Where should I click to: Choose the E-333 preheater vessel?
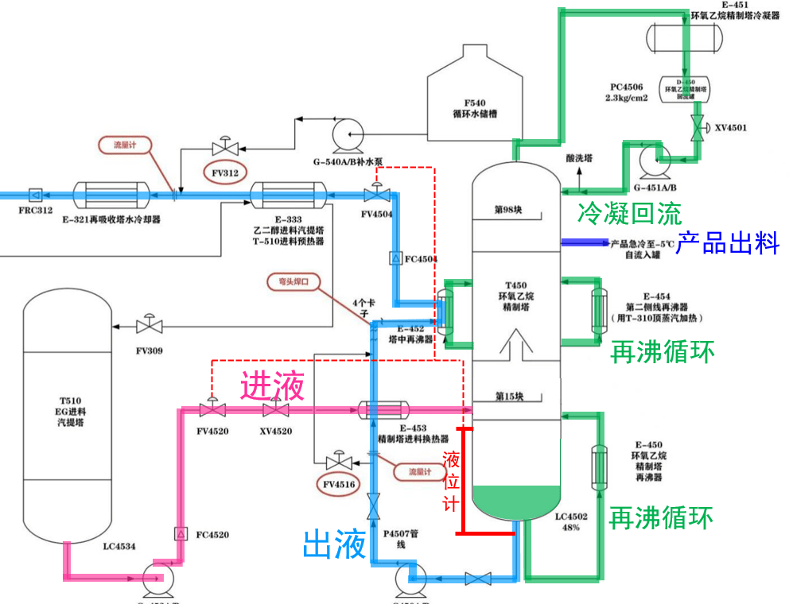coord(287,194)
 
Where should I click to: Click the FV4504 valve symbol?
coord(376,195)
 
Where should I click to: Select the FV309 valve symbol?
coord(149,326)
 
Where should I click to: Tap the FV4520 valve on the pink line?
coord(212,410)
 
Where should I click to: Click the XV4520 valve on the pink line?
coord(276,410)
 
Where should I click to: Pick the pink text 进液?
coord(272,386)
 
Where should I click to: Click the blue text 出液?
coord(334,545)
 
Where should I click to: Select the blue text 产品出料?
coord(727,243)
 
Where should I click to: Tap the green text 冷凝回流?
coord(628,213)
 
